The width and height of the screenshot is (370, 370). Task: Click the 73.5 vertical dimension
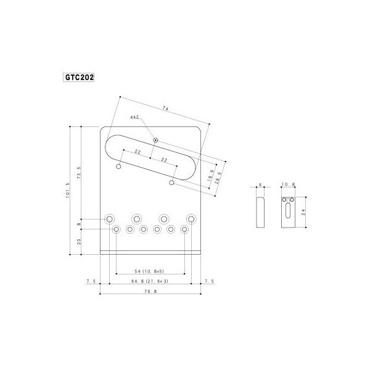pyautogui.click(x=79, y=172)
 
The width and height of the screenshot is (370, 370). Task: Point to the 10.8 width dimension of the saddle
pyautogui.click(x=288, y=184)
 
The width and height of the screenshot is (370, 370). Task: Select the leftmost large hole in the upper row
pyautogui.click(x=109, y=219)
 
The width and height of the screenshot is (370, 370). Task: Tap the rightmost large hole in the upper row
pyautogui.click(x=192, y=219)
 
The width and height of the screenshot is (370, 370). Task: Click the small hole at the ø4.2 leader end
pyautogui.click(x=156, y=140)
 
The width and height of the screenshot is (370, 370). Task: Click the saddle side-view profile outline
pyautogui.click(x=260, y=212)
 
